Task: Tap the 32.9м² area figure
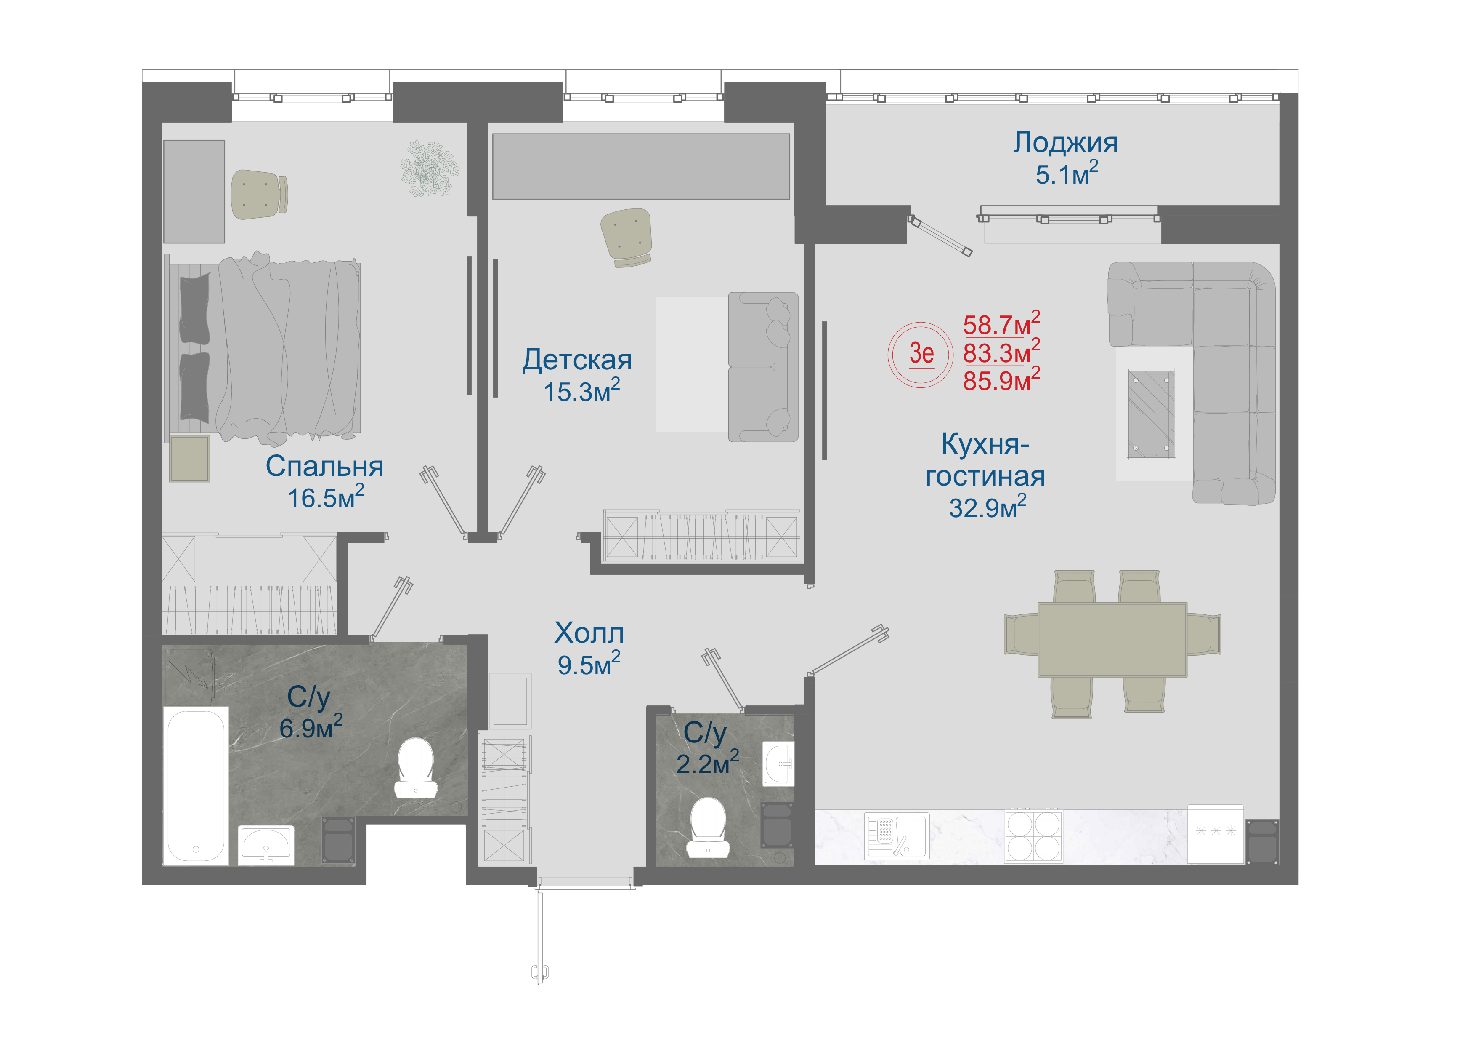(x=988, y=507)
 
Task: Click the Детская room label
(x=577, y=360)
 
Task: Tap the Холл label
(x=589, y=634)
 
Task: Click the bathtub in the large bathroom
(x=196, y=785)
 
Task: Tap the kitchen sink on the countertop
(x=897, y=836)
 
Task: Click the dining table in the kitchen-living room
(x=1112, y=639)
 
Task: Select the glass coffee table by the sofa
(x=1151, y=414)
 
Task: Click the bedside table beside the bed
(x=190, y=459)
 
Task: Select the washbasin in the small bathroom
(x=778, y=764)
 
